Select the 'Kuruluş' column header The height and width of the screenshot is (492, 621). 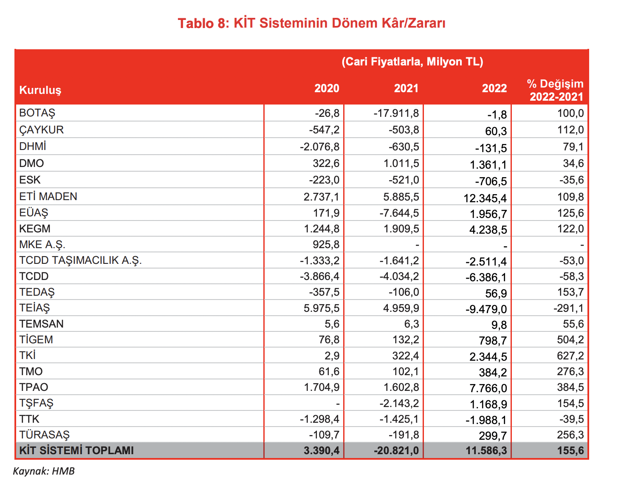click(x=40, y=90)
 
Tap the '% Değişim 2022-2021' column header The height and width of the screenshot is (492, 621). click(x=556, y=90)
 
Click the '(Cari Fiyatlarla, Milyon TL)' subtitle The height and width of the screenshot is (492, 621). click(x=412, y=62)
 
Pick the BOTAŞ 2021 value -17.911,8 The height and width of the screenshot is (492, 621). click(x=396, y=113)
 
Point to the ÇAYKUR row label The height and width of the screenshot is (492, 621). click(x=41, y=130)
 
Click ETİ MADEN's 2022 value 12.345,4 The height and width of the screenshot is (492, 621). click(x=486, y=198)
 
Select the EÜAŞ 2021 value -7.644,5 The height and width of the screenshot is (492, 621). click(x=399, y=213)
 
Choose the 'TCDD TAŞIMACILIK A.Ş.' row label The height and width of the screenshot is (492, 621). click(x=80, y=260)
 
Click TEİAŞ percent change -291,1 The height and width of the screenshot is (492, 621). click(x=568, y=308)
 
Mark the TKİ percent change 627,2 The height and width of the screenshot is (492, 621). click(x=570, y=356)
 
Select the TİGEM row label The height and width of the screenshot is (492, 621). click(x=36, y=340)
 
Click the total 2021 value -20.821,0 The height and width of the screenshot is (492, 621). click(x=396, y=450)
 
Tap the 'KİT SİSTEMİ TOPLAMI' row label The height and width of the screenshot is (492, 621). click(x=76, y=450)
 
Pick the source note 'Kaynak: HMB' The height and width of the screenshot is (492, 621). click(x=44, y=471)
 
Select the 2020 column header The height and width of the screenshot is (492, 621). click(x=327, y=88)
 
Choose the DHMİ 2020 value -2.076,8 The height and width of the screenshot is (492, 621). click(x=319, y=147)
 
